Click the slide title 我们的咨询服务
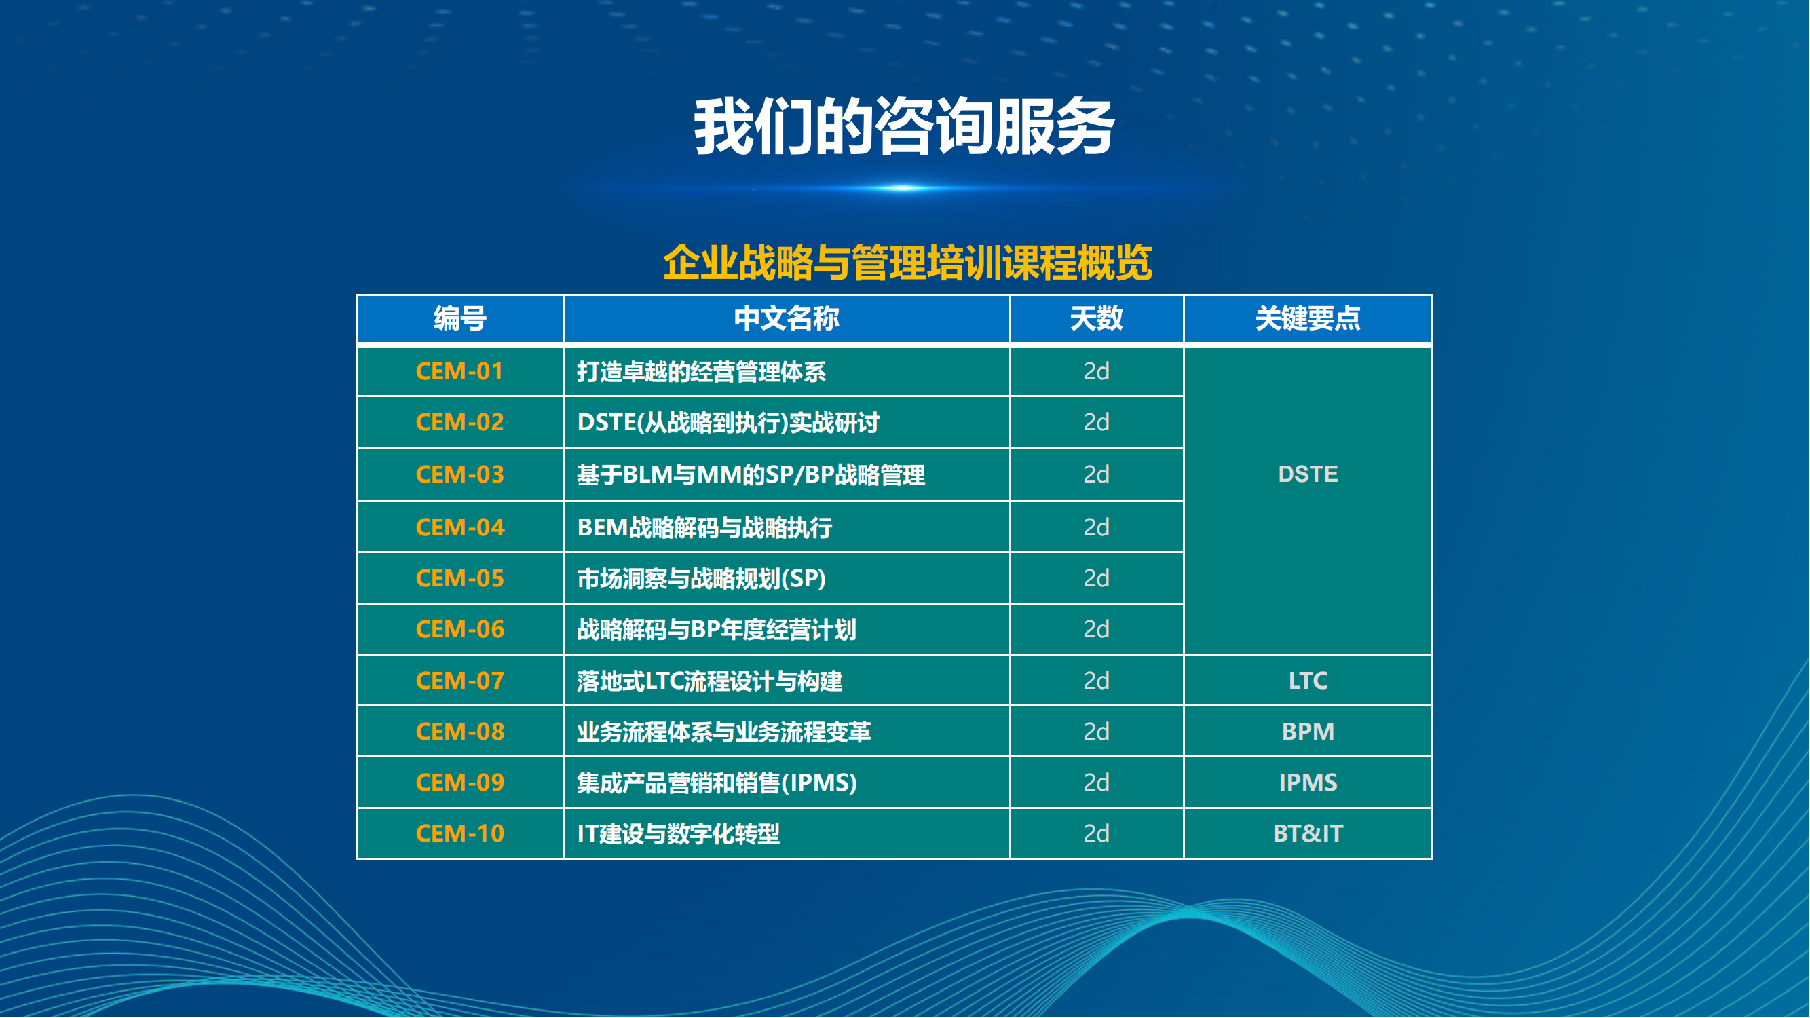[x=904, y=126]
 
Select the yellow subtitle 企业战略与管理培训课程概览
[x=907, y=263]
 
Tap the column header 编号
[x=460, y=319]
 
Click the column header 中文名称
[x=787, y=319]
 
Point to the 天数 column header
[x=1096, y=319]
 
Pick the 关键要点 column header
[x=1308, y=319]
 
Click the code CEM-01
[x=460, y=371]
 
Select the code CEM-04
[x=460, y=527]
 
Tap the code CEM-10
[x=460, y=834]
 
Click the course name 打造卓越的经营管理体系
[x=701, y=372]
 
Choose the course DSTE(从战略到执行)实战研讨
[x=728, y=423]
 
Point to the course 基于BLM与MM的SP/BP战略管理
[x=751, y=475]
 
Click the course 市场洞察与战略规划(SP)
[x=701, y=579]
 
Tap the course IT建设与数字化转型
[x=678, y=834]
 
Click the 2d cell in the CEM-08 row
[x=1096, y=732]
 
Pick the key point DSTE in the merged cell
[x=1308, y=474]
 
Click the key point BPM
[x=1308, y=732]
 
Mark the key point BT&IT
[x=1308, y=834]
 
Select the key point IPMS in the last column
[x=1308, y=783]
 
